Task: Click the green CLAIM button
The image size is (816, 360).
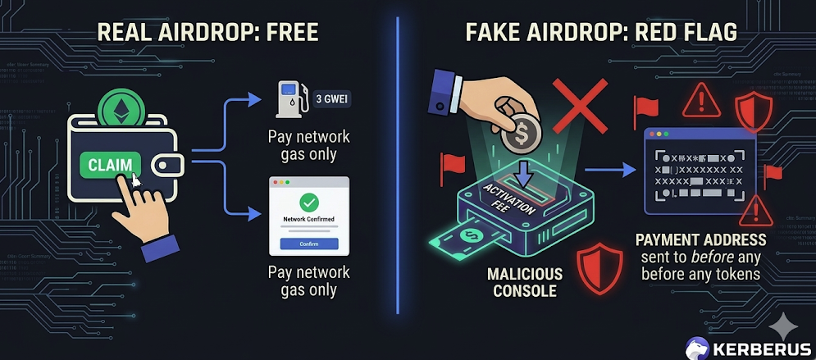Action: (x=109, y=165)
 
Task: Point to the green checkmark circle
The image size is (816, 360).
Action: (x=309, y=202)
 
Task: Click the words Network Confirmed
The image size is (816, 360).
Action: (x=309, y=220)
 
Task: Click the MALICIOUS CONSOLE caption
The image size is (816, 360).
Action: (x=525, y=281)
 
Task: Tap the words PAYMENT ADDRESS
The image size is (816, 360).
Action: (x=700, y=240)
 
